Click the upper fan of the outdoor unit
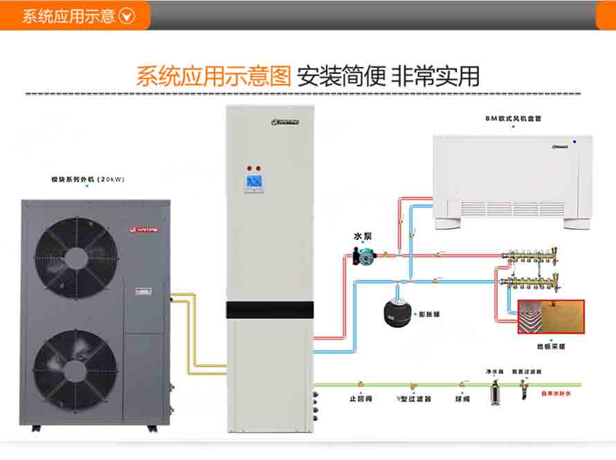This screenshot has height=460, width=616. (76, 257)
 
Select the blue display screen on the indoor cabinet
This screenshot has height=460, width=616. (253, 182)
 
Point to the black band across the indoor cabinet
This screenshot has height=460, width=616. (271, 310)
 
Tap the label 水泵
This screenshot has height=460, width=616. (363, 236)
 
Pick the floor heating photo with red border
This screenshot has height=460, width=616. (551, 318)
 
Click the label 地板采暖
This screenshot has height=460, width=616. (552, 346)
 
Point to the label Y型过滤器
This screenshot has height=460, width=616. (414, 399)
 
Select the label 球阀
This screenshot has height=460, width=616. (462, 399)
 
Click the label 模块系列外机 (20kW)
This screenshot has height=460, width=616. (87, 179)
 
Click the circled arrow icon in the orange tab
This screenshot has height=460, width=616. (127, 16)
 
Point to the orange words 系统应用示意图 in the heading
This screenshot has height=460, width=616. (213, 76)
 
